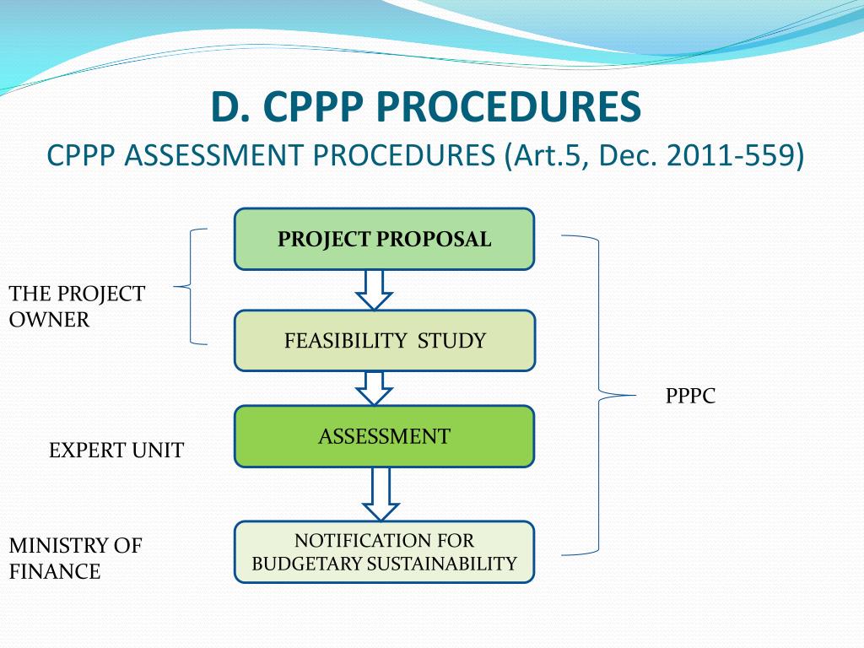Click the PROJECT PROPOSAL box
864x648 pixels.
click(384, 239)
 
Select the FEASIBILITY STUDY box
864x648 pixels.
click(384, 341)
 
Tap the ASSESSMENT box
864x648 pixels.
click(384, 436)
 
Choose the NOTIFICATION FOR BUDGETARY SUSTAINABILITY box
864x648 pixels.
click(384, 552)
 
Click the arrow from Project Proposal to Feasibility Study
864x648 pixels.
click(374, 290)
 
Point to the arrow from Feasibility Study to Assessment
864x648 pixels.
click(374, 389)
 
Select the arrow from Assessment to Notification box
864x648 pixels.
click(381, 494)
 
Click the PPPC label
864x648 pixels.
click(690, 396)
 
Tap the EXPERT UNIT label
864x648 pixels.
click(116, 451)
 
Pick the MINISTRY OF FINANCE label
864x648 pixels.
click(75, 559)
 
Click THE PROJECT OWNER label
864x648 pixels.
click(77, 306)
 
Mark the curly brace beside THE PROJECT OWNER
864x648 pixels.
click(190, 287)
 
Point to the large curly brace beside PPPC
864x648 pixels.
click(599, 395)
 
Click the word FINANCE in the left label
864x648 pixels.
click(55, 571)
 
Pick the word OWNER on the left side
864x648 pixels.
click(49, 320)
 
